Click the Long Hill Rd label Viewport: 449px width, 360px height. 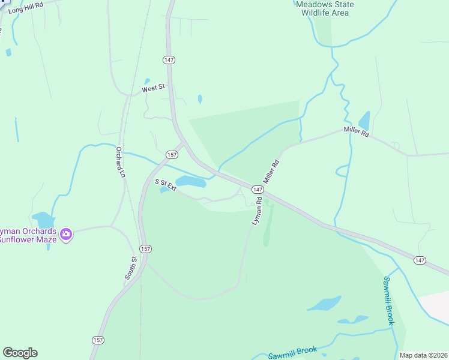coord(26,7)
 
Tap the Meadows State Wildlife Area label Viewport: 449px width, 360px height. coord(325,8)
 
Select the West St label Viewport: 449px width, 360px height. coord(153,88)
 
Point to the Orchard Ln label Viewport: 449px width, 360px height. coord(120,162)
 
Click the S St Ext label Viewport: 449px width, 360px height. coord(166,185)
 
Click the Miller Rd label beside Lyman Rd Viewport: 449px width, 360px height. coord(272,172)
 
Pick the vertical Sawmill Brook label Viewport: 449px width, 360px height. coord(389,300)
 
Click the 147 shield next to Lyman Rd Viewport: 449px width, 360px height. coord(258,189)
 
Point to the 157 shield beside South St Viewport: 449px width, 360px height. coord(145,248)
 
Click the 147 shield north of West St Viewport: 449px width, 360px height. coord(169,60)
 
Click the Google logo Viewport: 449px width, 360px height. coord(20,353)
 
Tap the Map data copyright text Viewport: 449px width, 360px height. coord(423,355)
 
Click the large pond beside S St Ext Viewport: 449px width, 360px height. coord(191,181)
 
